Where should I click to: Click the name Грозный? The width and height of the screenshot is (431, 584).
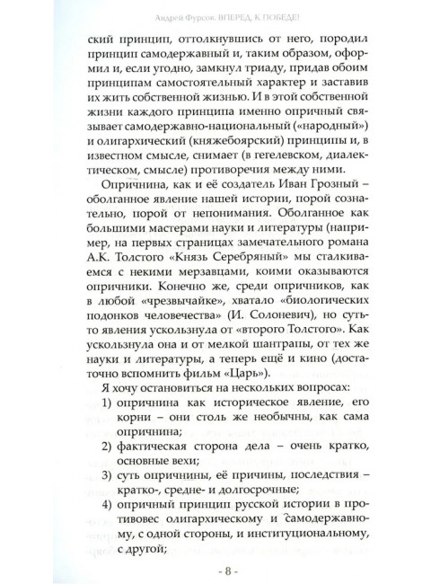(308, 208)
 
